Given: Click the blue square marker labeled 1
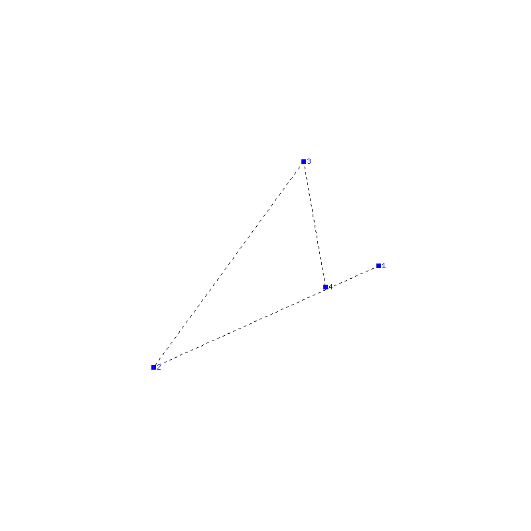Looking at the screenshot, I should pos(378,266).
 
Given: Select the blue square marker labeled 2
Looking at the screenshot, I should pos(153,367).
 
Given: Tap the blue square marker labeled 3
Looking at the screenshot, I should pos(303,161).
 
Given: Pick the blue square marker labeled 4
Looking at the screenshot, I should pos(325,287).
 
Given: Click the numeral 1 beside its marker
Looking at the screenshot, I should pos(384,265).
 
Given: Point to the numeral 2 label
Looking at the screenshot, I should pos(159,367).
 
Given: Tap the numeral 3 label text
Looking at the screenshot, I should pos(309,161).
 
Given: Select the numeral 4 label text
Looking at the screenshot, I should pos(331,287).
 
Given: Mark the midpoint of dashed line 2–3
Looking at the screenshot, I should pos(228,264).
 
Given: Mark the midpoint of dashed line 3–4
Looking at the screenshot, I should pos(315,224).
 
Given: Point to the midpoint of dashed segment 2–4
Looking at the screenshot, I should pos(239,327).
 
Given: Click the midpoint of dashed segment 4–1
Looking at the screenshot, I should pos(352,277).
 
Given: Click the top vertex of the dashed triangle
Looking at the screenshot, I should pos(303,161).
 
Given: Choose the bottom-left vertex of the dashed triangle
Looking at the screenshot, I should pos(153,367).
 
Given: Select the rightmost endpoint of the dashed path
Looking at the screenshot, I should pos(378,266).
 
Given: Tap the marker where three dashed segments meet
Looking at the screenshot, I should pos(325,287).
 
